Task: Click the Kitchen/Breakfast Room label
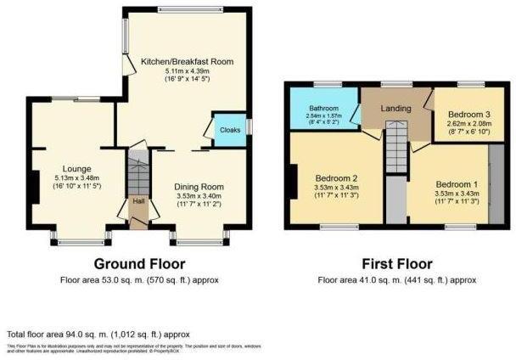point(187,62)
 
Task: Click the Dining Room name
point(199,187)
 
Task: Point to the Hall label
point(137,201)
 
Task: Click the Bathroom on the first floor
point(322,109)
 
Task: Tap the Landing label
point(395,109)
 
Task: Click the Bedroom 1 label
point(457,183)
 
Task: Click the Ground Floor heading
point(140,263)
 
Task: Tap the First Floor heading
point(396,263)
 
